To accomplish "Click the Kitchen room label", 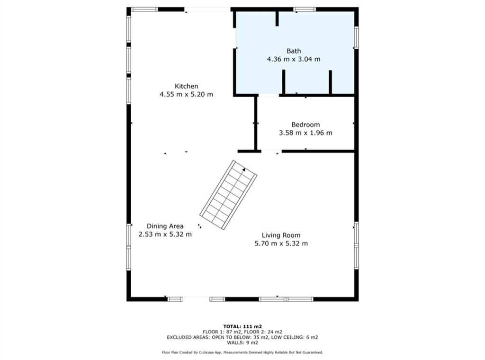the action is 186,86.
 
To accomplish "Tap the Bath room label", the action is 294,51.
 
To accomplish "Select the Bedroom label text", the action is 305,125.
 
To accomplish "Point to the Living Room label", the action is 281,235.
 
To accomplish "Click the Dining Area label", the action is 165,226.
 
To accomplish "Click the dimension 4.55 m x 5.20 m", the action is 186,94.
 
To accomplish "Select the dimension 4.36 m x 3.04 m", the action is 294,59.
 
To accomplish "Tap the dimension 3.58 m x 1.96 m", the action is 305,133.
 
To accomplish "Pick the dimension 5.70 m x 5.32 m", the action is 281,243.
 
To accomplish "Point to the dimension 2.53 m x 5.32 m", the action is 165,234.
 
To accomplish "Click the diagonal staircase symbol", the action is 228,195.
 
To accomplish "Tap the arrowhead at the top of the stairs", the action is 244,170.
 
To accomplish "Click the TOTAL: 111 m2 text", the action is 242,326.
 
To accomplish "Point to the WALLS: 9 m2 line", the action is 242,342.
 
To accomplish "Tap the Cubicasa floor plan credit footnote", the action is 242,352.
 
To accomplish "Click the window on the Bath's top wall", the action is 305,9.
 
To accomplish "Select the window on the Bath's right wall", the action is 356,37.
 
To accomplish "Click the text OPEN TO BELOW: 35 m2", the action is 240,337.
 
